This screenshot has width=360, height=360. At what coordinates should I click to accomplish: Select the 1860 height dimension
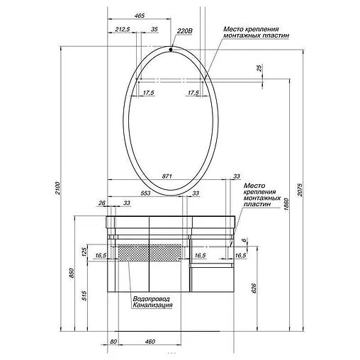286,205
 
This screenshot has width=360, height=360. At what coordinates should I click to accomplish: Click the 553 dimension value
145,193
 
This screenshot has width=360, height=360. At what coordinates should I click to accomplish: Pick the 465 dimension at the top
139,16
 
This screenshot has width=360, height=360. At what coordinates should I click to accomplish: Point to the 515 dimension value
84,295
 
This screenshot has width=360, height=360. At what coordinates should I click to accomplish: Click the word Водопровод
150,298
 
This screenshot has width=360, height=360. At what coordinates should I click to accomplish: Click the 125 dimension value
84,252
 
